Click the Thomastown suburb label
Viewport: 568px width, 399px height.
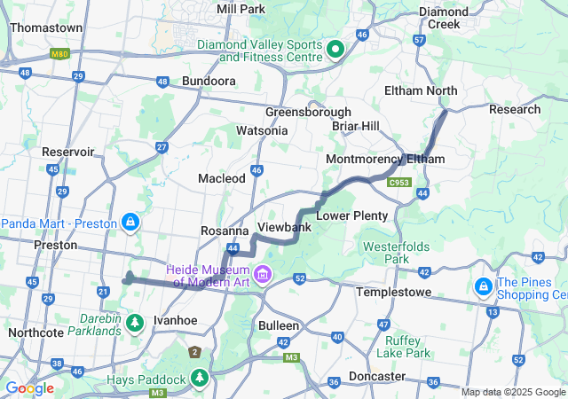coord(46,27)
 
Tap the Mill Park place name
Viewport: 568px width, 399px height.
coord(241,8)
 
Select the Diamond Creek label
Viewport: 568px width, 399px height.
coord(444,18)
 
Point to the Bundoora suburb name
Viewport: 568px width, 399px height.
coord(209,81)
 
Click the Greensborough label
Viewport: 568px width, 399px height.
coord(308,113)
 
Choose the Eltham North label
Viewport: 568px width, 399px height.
coord(421,90)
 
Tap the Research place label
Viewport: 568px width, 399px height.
coord(515,109)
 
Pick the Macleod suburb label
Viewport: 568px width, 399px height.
coord(221,178)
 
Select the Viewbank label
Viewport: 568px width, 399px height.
coord(283,228)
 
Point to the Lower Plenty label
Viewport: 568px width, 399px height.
coord(352,215)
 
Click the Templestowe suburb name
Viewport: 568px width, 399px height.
coord(393,292)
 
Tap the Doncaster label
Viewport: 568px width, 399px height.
coord(377,376)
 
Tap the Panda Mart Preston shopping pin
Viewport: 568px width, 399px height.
coord(130,220)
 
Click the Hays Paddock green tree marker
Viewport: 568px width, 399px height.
coord(201,379)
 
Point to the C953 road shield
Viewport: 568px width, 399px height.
coord(399,183)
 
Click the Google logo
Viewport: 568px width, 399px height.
coord(29,388)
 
